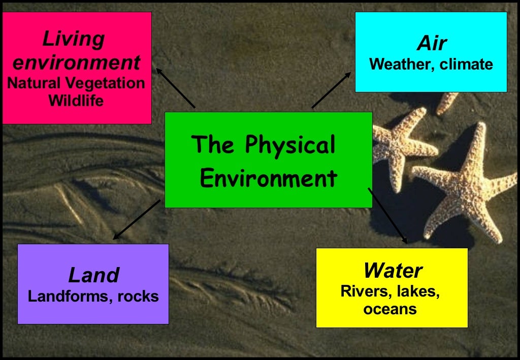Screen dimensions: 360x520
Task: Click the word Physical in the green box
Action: click(x=290, y=146)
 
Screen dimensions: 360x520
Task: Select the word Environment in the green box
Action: click(x=268, y=179)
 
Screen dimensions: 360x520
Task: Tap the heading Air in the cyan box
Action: click(x=432, y=44)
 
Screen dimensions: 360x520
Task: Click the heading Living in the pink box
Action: click(x=74, y=39)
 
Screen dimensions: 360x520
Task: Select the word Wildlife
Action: click(x=76, y=101)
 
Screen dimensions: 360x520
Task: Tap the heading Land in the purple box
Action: click(x=93, y=275)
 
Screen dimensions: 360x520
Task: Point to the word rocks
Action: click(x=138, y=296)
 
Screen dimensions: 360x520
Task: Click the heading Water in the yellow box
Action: click(x=393, y=271)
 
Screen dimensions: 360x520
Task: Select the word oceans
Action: click(x=390, y=309)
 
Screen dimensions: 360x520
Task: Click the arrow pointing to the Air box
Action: click(x=331, y=90)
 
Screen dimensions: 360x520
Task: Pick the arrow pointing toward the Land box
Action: click(x=136, y=219)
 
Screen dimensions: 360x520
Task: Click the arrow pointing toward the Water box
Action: click(x=387, y=215)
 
